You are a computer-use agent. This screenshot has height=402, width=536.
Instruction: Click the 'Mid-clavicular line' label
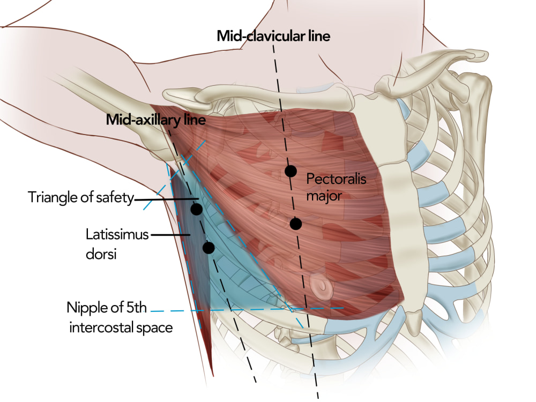point(273,36)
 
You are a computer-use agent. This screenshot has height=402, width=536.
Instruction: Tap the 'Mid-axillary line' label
point(156,120)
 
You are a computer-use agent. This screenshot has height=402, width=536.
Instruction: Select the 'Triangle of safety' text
point(81,197)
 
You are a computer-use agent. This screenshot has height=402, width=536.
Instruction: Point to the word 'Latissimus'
point(117,235)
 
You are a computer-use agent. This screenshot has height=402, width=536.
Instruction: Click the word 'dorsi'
point(101,254)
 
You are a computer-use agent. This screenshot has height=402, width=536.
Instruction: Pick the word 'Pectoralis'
point(337,179)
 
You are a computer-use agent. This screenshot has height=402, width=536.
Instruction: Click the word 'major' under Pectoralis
point(324,196)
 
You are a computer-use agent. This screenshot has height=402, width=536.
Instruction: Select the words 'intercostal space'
point(121,327)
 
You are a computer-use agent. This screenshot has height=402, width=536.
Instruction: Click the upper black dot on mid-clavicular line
point(291,171)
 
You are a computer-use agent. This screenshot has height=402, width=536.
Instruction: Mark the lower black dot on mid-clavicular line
point(296,224)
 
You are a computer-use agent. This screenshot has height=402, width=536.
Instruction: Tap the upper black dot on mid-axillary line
point(197,209)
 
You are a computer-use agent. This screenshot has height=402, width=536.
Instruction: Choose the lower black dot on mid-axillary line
point(209,248)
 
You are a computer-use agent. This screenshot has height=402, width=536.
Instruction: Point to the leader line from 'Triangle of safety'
point(167,199)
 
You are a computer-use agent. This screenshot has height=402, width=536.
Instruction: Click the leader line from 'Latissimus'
point(170,235)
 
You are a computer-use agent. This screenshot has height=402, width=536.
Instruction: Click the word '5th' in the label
point(136,308)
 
